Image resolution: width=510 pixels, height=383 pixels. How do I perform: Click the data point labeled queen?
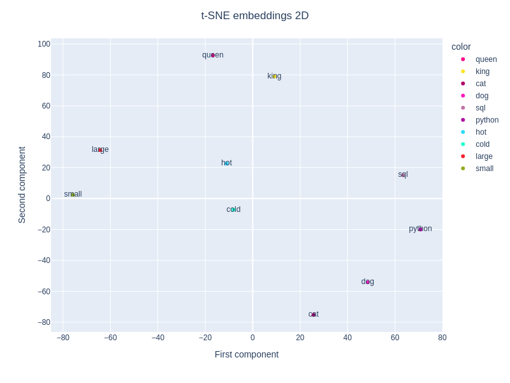[x=213, y=55]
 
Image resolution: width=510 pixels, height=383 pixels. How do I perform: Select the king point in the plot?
[x=274, y=76]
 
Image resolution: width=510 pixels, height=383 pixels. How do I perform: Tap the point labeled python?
[x=420, y=229]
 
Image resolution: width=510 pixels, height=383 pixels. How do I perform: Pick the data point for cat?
[x=314, y=314]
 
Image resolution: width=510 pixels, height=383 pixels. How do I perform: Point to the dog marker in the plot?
[x=368, y=282]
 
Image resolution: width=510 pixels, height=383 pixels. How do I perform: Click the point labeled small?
[x=73, y=194]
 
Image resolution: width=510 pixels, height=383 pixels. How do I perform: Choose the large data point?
[x=100, y=149]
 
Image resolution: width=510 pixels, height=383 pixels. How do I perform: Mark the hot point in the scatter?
[x=226, y=163]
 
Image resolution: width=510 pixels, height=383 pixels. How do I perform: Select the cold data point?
[x=233, y=209]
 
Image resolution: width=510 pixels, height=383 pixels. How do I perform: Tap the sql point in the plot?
[x=403, y=174]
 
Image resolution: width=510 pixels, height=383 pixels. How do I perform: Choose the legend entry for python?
[x=486, y=120]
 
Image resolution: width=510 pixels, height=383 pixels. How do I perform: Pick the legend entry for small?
[x=484, y=169]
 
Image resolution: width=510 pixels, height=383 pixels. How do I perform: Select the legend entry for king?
[x=482, y=71]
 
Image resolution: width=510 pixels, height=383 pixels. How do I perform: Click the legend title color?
[x=461, y=47]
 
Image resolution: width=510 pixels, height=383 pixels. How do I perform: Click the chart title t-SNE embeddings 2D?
[x=255, y=16]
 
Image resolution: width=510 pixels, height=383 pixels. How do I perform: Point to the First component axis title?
[x=247, y=354]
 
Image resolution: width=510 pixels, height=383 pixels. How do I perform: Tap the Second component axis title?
[x=22, y=184]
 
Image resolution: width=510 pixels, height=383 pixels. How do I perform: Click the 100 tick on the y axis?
[x=44, y=44]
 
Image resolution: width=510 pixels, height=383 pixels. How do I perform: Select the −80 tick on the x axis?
[x=62, y=338]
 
